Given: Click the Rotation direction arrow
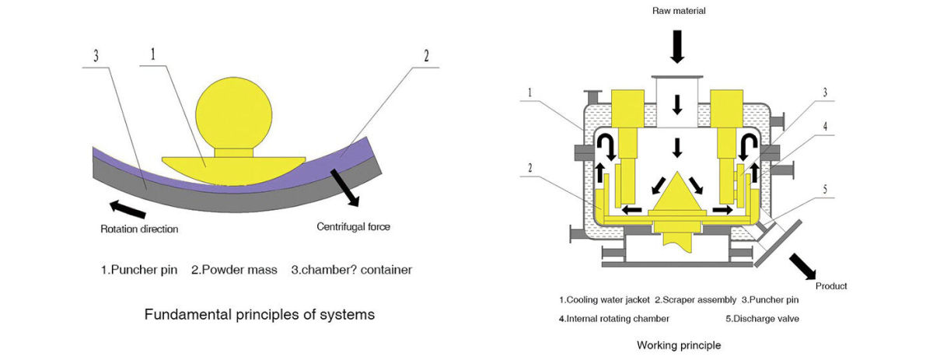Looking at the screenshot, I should coord(128,209).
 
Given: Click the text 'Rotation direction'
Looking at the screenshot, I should coord(139,229).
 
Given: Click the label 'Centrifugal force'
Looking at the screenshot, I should coord(353,227).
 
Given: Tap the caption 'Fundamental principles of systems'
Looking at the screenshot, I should coord(260,315).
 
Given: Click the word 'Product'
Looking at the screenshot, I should coord(831,286).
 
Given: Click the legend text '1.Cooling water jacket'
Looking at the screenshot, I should coord(604,299).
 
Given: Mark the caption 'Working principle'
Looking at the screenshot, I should coord(678,344).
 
